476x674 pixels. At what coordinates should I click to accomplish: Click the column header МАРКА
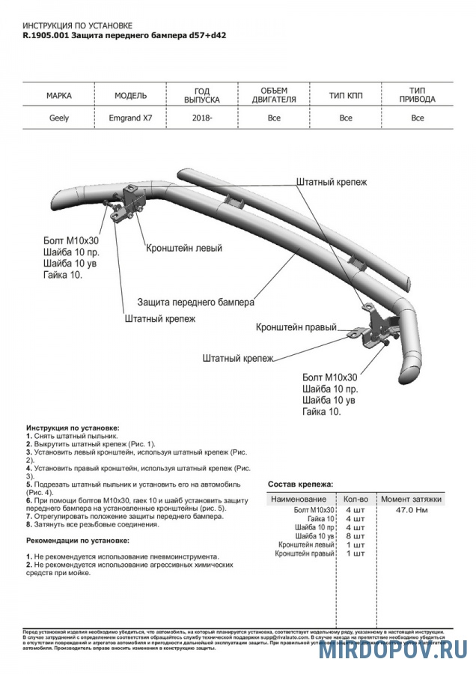tap(59, 96)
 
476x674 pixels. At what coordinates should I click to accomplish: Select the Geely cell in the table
tap(59, 118)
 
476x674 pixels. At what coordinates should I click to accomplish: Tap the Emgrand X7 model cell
tap(130, 118)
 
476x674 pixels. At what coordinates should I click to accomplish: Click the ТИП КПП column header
tap(345, 96)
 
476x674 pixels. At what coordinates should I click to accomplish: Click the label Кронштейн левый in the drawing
tap(184, 247)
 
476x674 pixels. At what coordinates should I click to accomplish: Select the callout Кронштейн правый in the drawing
tap(296, 328)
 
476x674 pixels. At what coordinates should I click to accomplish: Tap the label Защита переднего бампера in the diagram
tap(195, 303)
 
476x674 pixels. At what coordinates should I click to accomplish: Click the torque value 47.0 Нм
tap(412, 510)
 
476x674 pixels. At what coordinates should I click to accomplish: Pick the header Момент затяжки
tap(411, 499)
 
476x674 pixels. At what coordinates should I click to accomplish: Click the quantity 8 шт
tap(355, 537)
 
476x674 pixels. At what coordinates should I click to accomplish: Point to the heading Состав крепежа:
tap(301, 485)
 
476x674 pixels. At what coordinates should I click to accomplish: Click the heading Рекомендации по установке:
tap(77, 540)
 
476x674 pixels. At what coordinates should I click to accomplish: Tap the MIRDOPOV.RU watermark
tap(393, 649)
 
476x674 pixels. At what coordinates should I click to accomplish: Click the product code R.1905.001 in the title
tap(45, 36)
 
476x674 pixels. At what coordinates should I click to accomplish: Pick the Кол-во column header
tap(355, 499)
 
